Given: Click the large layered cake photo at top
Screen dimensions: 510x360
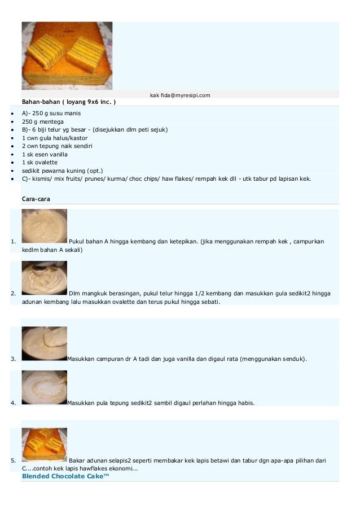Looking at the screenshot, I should [67, 55].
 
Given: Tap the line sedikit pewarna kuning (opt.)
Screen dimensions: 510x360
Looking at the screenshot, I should [63, 170].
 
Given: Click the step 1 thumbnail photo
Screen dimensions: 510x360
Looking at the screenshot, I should [44, 226].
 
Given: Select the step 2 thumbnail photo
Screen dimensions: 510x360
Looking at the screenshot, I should [44, 277].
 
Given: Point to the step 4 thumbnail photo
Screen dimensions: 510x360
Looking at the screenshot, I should [44, 387].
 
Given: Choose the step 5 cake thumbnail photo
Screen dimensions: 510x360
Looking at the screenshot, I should [44, 445].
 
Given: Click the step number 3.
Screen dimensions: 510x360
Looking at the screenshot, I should [13, 359].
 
